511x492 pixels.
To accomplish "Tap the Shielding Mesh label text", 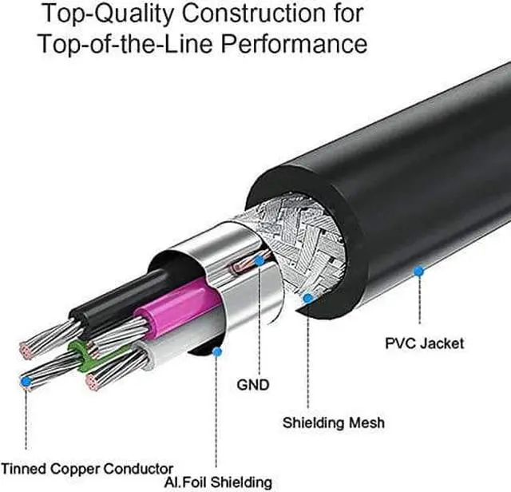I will click(333, 422).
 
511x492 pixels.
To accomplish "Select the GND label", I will click(253, 384).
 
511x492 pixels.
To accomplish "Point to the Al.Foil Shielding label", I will click(219, 482).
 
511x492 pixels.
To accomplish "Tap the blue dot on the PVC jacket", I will click(418, 272).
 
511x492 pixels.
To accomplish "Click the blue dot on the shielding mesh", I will click(309, 298).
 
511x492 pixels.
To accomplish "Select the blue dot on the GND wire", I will click(259, 260).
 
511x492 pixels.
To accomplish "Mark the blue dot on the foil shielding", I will click(216, 350).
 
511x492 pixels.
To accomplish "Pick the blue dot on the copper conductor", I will click(27, 383).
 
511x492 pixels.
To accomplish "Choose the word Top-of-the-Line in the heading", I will click(115, 43).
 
